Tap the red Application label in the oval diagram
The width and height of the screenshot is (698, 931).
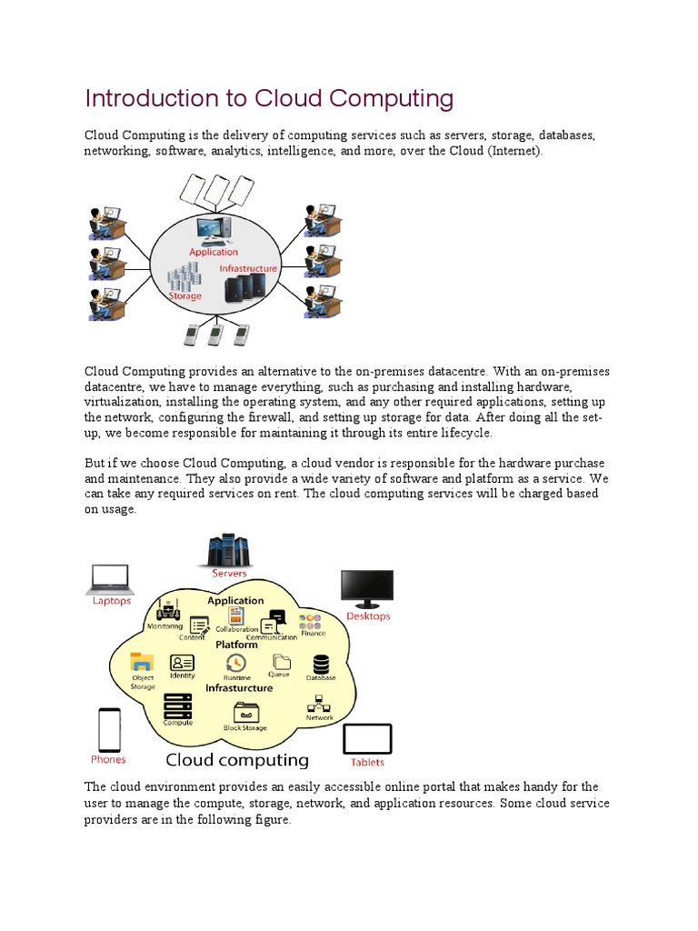tap(214, 252)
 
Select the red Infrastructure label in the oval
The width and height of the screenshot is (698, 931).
tap(247, 269)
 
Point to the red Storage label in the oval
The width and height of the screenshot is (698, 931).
tap(184, 296)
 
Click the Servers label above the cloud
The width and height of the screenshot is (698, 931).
tap(229, 574)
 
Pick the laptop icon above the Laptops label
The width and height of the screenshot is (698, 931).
tap(111, 579)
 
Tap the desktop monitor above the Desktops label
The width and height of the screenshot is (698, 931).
tap(366, 588)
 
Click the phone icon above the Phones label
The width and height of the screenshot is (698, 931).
tap(108, 729)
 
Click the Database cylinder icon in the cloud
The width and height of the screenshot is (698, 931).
tap(321, 664)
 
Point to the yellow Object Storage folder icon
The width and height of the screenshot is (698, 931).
tap(143, 662)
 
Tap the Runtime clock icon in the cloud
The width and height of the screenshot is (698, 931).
tap(236, 663)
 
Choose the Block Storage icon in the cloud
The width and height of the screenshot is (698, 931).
tap(245, 712)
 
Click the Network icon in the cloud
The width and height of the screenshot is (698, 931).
tap(319, 704)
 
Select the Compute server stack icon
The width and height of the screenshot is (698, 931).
tap(177, 706)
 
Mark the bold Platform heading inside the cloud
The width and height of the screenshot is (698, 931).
tap(236, 645)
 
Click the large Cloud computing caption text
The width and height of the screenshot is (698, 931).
tap(236, 760)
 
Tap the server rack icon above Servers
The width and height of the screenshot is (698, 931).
tap(228, 549)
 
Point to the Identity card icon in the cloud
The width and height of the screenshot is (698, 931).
tap(183, 663)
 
